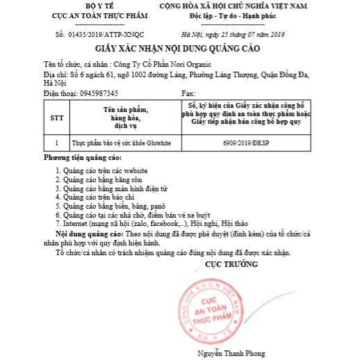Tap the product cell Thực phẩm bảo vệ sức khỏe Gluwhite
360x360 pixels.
coord(122,142)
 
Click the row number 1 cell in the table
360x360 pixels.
coord(56,142)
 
